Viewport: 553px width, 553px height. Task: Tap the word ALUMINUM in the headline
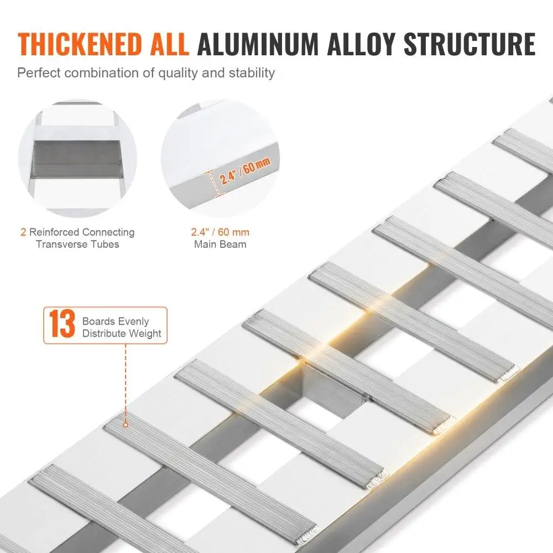258,44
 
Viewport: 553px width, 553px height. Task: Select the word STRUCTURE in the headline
469,44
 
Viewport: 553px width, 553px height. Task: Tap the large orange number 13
62,324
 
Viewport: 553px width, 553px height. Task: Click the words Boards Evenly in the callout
116,322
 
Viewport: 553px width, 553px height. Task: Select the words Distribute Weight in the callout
122,333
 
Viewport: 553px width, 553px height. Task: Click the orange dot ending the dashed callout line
125,425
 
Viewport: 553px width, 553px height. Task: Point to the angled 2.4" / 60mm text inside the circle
246,171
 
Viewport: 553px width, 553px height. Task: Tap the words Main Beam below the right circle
220,244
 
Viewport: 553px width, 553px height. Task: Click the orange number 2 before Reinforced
23,232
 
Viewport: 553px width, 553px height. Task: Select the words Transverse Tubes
77,244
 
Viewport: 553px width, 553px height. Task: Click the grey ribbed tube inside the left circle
76,159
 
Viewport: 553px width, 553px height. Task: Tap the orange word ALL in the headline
165,44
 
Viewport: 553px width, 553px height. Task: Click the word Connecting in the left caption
108,232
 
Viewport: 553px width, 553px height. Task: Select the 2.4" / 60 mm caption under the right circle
220,232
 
